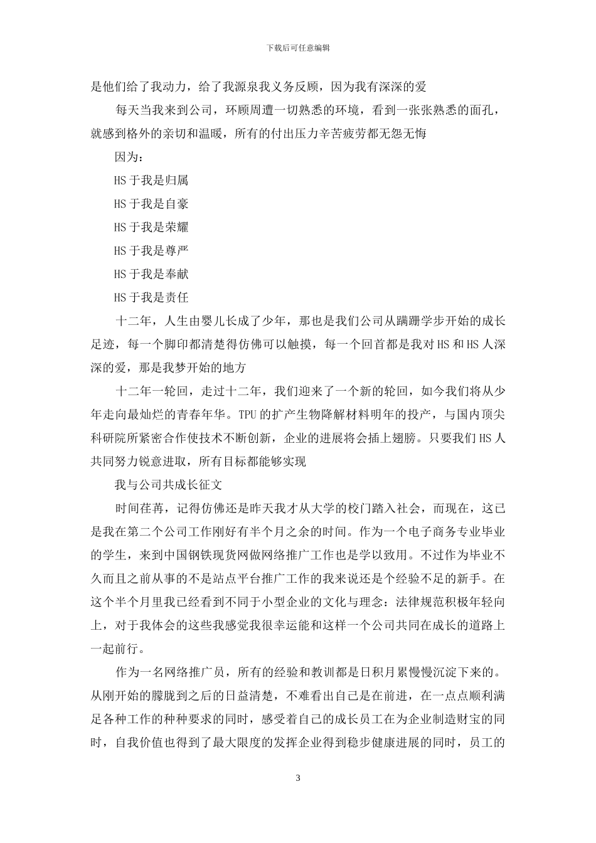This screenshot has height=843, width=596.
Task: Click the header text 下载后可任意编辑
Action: coord(298,48)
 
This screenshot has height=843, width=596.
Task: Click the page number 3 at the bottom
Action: coord(298,778)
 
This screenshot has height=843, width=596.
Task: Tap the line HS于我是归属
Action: coord(151,181)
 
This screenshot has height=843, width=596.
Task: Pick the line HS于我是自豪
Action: coord(151,204)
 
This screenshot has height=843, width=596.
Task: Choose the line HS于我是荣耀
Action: coord(151,227)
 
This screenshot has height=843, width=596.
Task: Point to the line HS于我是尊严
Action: coord(151,251)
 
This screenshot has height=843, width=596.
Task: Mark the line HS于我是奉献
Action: coord(151,274)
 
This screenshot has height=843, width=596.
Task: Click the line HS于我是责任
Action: coord(151,297)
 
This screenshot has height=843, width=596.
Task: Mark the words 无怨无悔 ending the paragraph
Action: coord(403,134)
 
